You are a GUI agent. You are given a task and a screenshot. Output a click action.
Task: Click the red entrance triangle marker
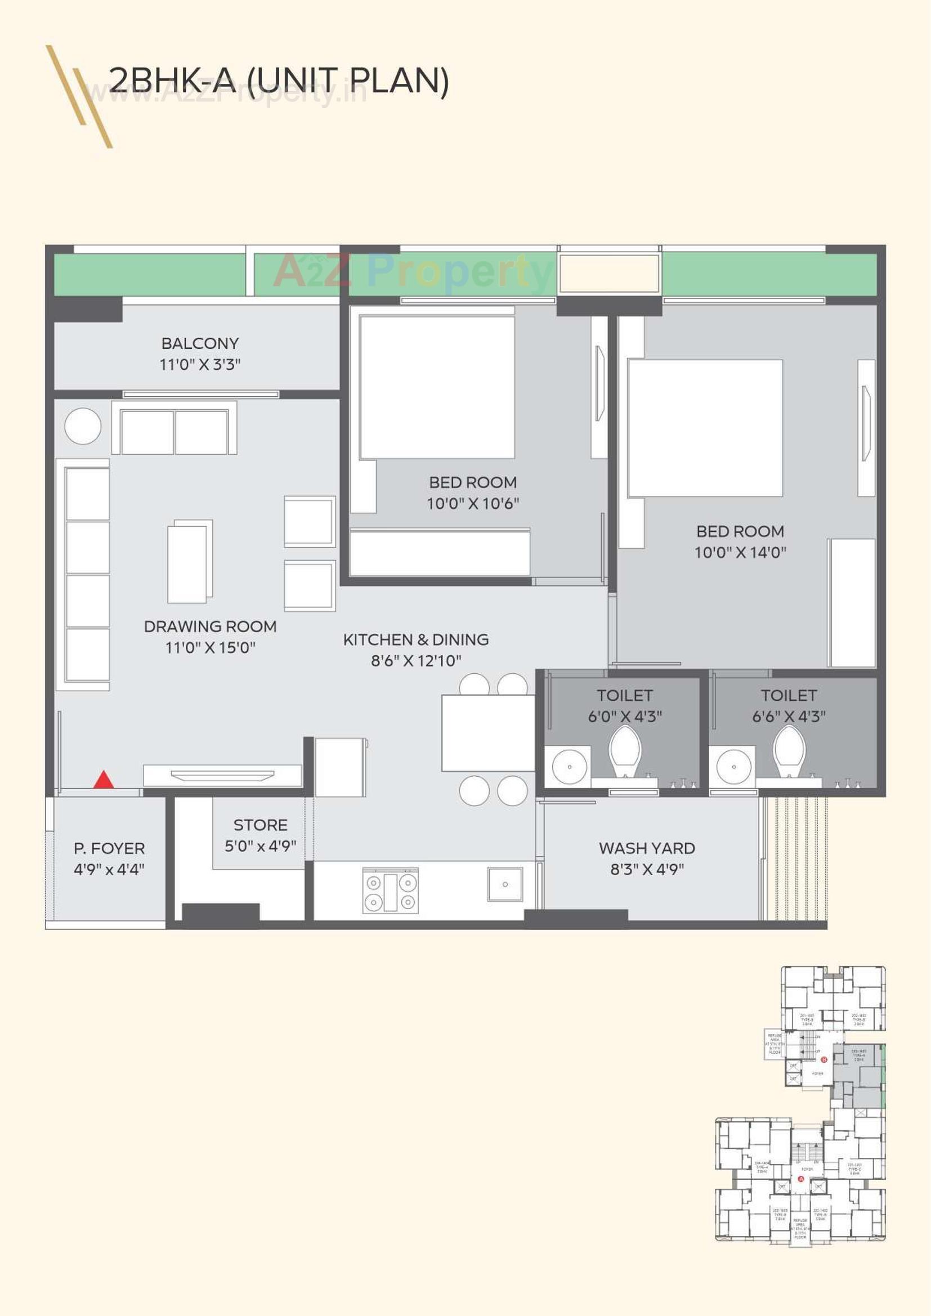103,780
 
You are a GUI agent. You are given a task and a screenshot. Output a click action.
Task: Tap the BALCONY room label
200,343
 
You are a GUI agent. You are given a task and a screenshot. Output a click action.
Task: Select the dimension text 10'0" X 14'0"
740,553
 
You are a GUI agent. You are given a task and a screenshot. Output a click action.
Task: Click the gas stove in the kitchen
391,890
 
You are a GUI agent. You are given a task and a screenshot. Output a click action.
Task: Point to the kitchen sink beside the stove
504,884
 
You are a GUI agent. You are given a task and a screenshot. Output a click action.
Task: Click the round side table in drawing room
83,426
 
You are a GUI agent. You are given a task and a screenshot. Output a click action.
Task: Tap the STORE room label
260,825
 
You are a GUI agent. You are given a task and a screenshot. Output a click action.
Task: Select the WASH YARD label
647,848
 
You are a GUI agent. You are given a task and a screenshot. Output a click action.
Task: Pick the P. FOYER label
109,848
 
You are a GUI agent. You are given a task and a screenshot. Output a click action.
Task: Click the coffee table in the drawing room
190,562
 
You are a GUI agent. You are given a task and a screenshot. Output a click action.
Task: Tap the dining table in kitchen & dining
487,733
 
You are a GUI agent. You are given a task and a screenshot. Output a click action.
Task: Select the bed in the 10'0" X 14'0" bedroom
705,428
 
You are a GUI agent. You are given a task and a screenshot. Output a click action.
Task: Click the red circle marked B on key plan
824,1059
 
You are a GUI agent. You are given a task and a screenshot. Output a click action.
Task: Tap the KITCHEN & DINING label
415,639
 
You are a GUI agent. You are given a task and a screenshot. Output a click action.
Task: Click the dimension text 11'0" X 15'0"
211,648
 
